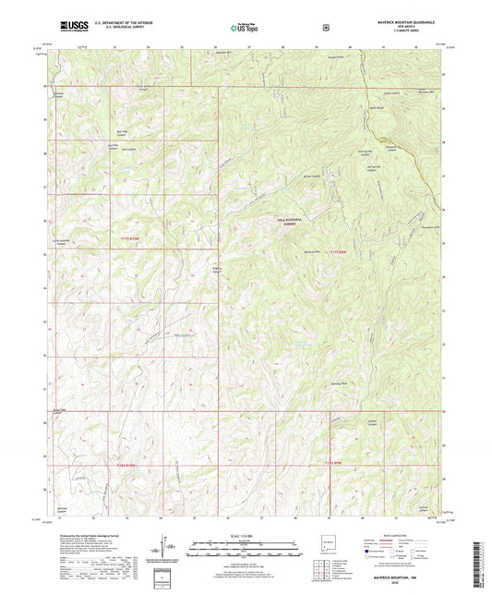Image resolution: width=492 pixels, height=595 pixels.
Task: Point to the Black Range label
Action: (378, 107)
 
